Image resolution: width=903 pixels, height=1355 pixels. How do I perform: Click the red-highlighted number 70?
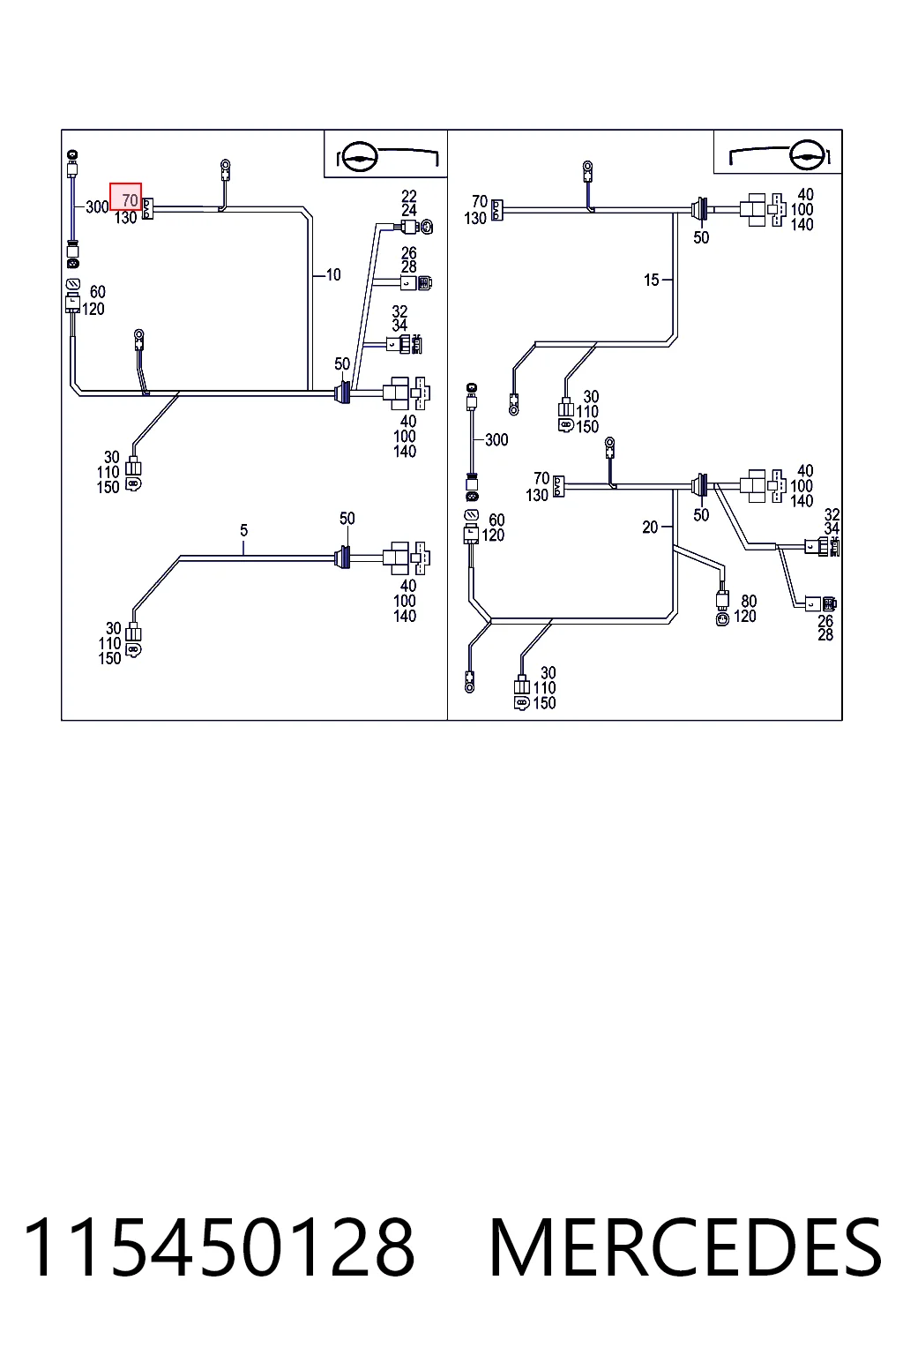click(x=130, y=199)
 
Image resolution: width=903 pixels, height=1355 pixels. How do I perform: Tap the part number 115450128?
click(x=219, y=1247)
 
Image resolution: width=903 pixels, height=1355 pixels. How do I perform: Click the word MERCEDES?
click(x=684, y=1247)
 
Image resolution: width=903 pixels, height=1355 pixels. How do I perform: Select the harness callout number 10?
click(x=333, y=274)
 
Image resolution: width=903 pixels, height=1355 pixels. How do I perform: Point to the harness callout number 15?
click(x=651, y=280)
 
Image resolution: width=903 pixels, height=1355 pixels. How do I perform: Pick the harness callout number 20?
click(x=650, y=528)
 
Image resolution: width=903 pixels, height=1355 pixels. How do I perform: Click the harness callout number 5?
click(x=243, y=530)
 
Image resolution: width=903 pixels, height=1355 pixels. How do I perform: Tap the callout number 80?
click(x=749, y=602)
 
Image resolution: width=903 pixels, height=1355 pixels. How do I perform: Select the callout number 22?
click(x=409, y=197)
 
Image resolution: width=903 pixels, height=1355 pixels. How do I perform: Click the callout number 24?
click(x=409, y=211)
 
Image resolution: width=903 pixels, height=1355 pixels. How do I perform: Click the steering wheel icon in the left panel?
click(x=357, y=157)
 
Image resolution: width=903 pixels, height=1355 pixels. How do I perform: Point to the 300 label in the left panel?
click(x=97, y=207)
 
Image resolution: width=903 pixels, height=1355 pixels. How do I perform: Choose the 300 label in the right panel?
click(x=496, y=440)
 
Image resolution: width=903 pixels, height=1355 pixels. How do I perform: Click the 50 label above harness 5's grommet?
click(x=347, y=519)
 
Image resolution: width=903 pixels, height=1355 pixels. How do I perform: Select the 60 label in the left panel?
click(x=97, y=292)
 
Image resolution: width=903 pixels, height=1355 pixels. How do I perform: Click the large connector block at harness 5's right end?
click(x=406, y=558)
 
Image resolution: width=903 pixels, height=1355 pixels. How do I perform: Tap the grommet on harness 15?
click(x=700, y=210)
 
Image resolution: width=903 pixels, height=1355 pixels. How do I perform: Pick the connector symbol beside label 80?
click(x=722, y=606)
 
